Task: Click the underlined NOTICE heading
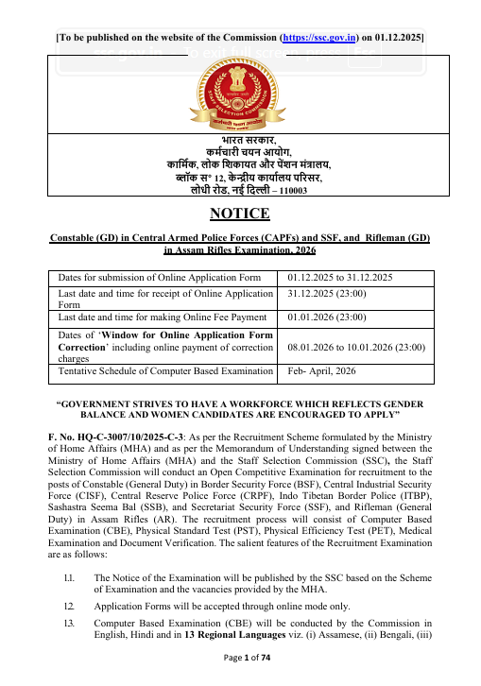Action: [240, 214]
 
